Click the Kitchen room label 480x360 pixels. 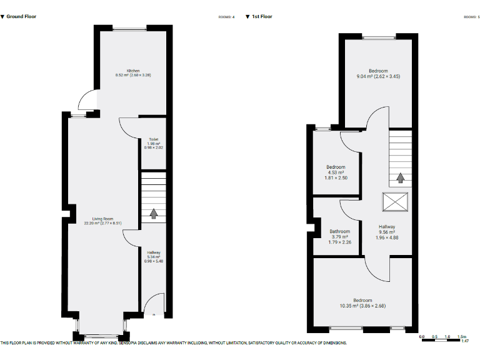click(133, 71)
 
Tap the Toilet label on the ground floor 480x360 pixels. click(153, 139)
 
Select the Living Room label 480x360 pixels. click(102, 219)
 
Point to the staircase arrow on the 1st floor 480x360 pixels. click(400, 177)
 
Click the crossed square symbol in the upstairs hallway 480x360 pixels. click(395, 202)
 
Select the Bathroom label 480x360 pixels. click(340, 232)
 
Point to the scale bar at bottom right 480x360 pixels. click(444, 337)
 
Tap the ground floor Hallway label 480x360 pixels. click(153, 252)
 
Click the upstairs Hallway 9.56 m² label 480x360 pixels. click(386, 232)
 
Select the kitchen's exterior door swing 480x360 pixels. click(88, 100)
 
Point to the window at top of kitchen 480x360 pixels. click(130, 28)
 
